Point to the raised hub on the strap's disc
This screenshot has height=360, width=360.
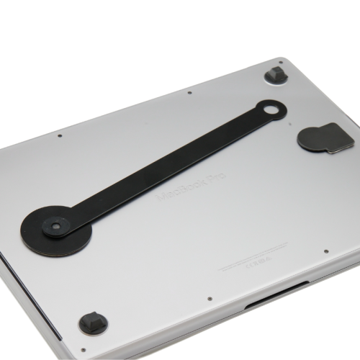[x=54, y=227]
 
